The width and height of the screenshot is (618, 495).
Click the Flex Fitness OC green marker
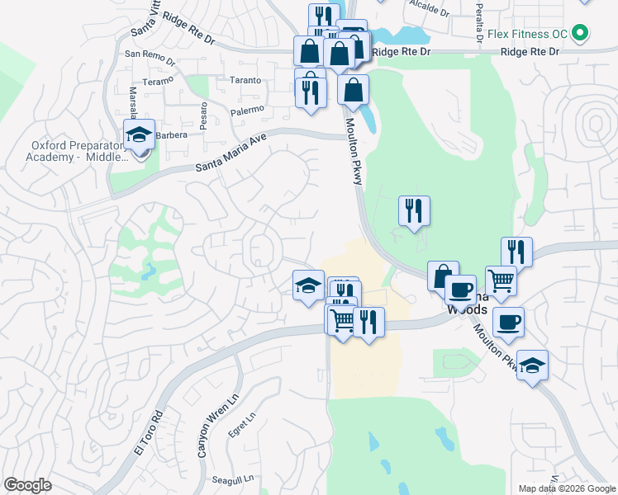[x=581, y=33]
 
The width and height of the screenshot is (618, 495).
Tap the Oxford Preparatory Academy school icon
[x=140, y=134]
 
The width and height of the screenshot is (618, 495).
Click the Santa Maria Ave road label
[x=231, y=154]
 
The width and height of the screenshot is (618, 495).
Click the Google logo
[x=27, y=485]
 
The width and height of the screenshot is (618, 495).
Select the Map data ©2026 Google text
[x=566, y=488]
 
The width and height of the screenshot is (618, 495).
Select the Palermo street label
[x=246, y=110]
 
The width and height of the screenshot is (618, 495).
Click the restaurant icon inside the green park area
[x=414, y=210]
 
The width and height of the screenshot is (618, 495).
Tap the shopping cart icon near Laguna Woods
[x=502, y=280]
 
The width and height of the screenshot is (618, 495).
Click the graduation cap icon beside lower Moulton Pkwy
[x=533, y=365]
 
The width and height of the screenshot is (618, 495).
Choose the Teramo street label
[x=157, y=82]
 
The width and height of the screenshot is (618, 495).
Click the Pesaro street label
[x=203, y=110]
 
